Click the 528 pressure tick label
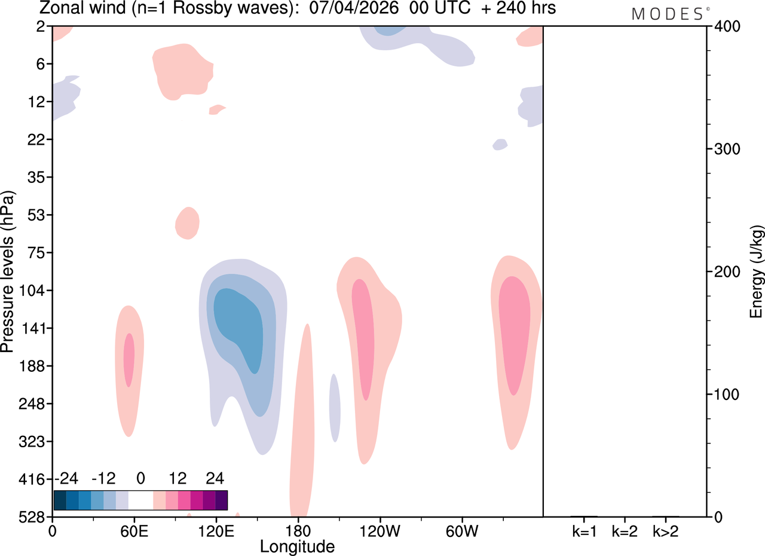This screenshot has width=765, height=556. tap(32, 517)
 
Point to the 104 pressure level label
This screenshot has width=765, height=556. tap(32, 291)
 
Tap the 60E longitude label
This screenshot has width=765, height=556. tap(134, 531)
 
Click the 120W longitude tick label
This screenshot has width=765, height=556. tap(380, 531)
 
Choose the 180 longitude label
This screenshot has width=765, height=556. tap(298, 531)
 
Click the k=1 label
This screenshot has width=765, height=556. tap(585, 531)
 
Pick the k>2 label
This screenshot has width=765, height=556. tap(666, 531)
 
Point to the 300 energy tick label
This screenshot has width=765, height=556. tap(727, 149)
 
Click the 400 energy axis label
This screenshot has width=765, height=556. tap(727, 26)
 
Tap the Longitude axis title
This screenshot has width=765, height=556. tap(297, 547)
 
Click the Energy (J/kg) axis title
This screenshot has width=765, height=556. tap(757, 272)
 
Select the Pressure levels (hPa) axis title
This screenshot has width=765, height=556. tap(8, 271)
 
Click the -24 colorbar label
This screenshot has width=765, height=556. tap(66, 478)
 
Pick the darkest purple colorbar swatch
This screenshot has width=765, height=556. tap(221, 500)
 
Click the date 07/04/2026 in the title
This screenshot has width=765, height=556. tap(354, 8)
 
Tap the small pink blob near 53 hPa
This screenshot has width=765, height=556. tap(187, 223)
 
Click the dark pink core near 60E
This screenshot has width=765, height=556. tap(128, 360)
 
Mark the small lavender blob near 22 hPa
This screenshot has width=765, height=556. tap(500, 145)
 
